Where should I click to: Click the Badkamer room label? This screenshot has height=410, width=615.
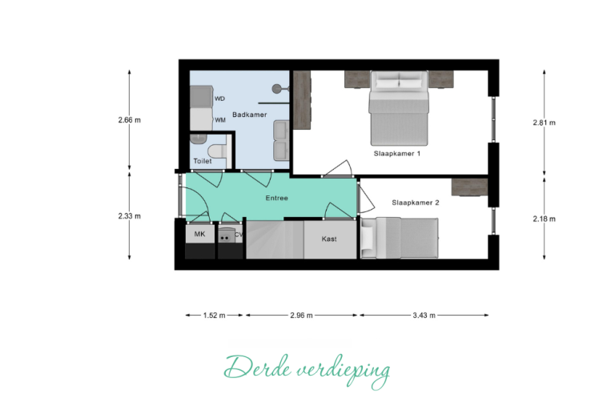pos(250,115)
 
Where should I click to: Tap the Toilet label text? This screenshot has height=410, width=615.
pos(203,161)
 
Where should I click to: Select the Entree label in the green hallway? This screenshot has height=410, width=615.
pos(276,198)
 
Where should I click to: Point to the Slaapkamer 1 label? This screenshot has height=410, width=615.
pos(397,154)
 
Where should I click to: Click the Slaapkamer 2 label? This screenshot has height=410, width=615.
pos(416,203)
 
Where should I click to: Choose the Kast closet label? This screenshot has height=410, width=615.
pos(329,239)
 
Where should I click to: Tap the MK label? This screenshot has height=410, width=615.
pos(199,235)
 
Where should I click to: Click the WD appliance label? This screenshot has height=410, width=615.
pos(219,98)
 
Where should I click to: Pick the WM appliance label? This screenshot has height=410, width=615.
pos(220,120)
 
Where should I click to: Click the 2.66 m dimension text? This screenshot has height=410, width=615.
pos(130,120)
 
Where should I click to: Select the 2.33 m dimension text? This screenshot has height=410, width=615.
pos(130,215)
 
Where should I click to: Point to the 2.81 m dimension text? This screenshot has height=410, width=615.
pos(544,123)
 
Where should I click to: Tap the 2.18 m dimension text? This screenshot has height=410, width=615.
pos(544,219)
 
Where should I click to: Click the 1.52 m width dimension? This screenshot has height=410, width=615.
pos(214,315)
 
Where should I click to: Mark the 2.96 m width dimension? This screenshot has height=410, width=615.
pos(301,315)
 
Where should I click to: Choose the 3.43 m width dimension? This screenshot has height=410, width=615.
pos(424,315)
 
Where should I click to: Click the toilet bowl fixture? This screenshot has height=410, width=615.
pos(216,151)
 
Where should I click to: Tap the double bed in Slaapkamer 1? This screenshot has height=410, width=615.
pos(399,108)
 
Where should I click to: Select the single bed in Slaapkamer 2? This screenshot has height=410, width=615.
pos(400,238)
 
